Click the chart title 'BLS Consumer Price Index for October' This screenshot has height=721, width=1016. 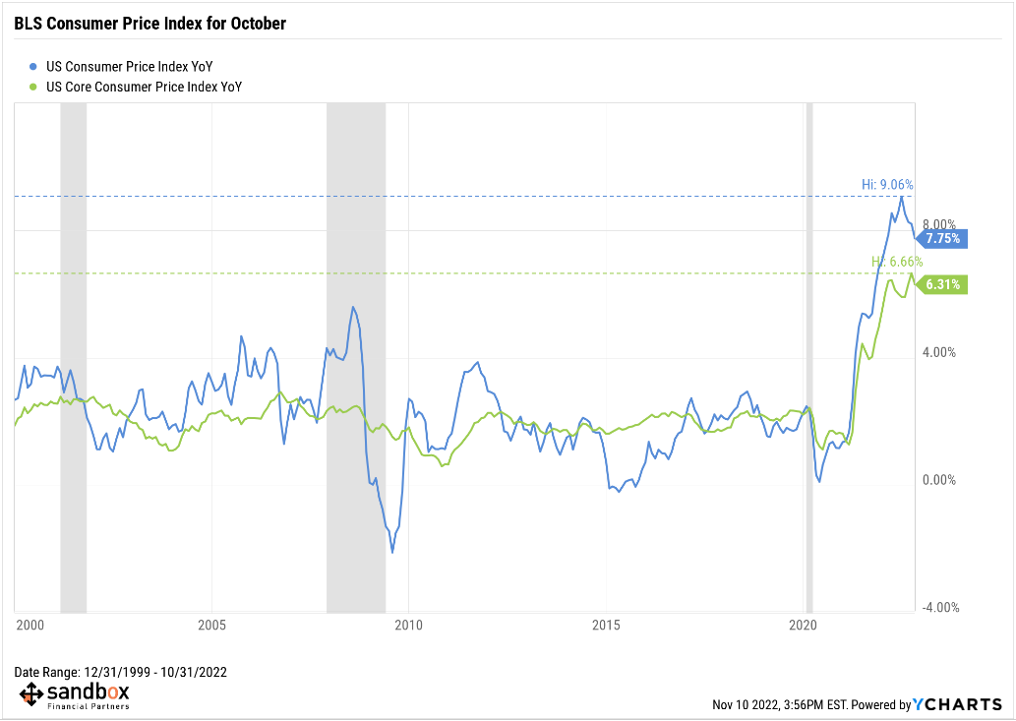point(149,23)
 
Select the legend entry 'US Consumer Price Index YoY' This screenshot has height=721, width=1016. point(129,67)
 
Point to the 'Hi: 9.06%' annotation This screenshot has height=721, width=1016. point(887,184)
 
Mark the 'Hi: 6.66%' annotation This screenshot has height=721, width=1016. point(896,262)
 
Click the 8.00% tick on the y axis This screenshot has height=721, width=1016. point(940,224)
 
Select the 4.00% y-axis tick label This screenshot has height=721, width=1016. point(940,352)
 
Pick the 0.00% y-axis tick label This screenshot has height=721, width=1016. point(940,480)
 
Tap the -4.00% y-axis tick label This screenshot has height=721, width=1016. point(938,608)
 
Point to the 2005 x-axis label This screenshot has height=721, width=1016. point(212,626)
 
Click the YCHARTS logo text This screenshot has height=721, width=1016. point(958,704)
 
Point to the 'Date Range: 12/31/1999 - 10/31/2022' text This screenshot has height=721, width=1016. point(121,672)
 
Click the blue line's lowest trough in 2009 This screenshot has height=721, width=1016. point(392,552)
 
